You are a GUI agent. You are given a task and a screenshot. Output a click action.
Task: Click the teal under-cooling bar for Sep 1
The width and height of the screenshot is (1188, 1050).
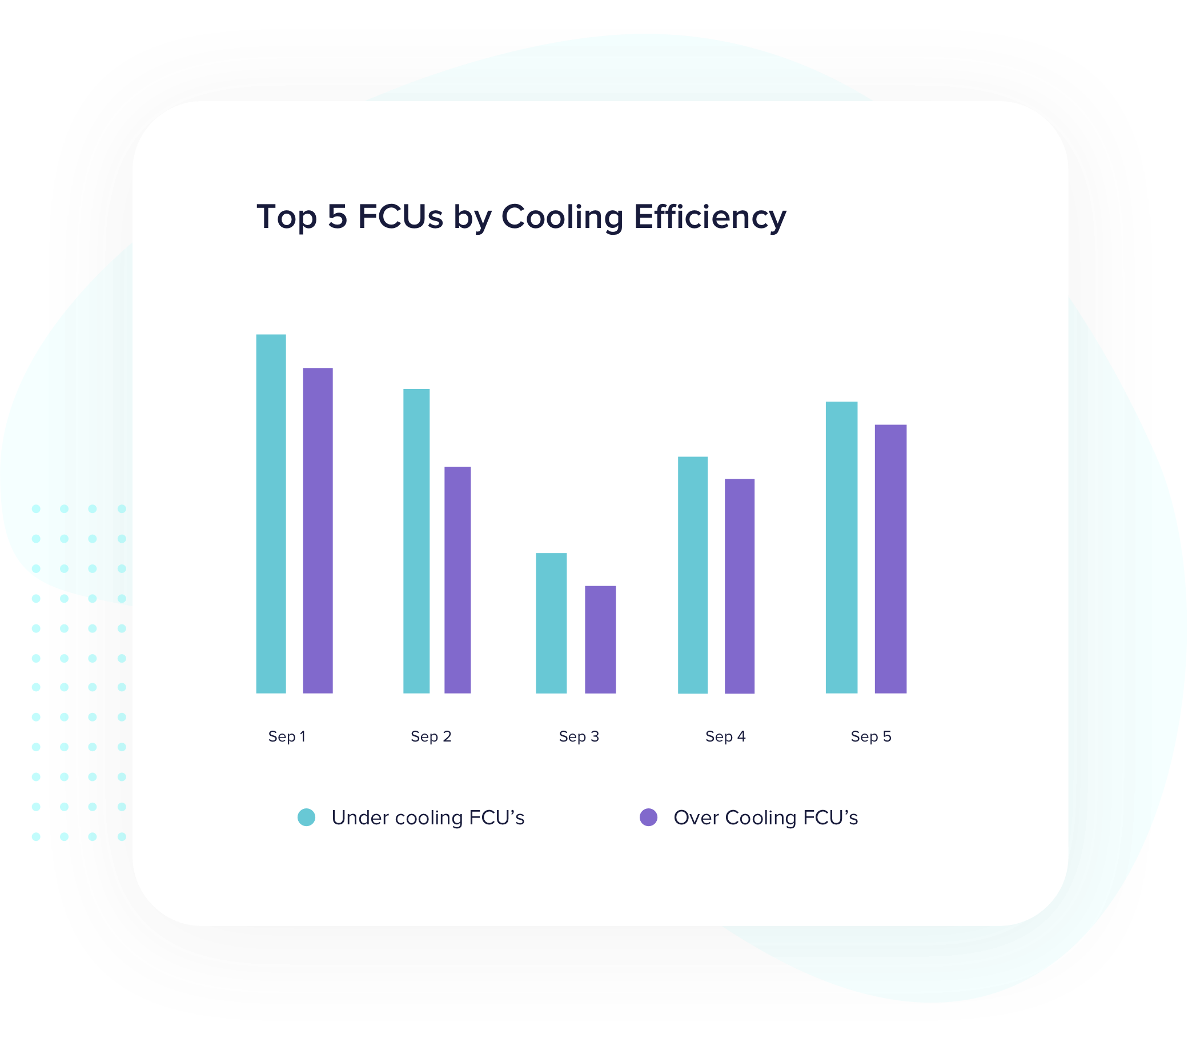point(271,514)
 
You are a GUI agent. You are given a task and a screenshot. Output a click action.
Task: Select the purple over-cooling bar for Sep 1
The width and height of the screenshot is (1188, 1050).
point(318,531)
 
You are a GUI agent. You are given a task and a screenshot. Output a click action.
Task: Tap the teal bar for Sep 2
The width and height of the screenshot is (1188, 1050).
point(416,541)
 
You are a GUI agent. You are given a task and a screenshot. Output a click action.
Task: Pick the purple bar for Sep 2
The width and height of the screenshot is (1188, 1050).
point(457,580)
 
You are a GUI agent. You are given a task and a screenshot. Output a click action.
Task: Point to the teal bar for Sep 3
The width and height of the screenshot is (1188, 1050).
point(551,623)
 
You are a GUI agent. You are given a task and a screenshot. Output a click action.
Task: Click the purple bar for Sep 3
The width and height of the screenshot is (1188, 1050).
point(600,639)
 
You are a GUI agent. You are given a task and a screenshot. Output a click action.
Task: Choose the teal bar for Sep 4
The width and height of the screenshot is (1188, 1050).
point(693,575)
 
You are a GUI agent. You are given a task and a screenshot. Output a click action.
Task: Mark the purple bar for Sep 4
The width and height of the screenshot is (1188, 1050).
point(739,586)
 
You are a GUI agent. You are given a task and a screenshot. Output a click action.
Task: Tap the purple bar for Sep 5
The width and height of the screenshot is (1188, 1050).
point(890,559)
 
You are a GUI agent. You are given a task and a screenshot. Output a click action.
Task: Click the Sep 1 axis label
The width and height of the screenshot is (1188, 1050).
point(287,736)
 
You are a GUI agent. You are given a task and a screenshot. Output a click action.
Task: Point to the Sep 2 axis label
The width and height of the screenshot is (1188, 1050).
point(431,736)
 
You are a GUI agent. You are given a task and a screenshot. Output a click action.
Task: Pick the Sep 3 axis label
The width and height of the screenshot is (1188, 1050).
point(579,736)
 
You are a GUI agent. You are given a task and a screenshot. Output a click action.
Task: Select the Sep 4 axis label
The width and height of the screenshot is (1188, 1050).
point(725,736)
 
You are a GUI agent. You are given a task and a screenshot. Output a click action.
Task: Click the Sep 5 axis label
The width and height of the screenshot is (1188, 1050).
point(870,736)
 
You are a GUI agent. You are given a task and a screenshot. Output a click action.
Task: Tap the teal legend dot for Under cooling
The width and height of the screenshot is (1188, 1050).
point(306,817)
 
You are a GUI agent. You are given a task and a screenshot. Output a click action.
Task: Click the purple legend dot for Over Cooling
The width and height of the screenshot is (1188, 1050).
point(648,817)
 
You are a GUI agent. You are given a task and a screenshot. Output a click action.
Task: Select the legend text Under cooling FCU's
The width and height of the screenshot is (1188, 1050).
point(428,818)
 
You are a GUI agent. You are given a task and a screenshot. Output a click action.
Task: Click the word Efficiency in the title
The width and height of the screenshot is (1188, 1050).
point(710,217)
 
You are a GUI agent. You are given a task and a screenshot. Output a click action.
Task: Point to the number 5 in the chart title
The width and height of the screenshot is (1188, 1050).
point(337,217)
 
